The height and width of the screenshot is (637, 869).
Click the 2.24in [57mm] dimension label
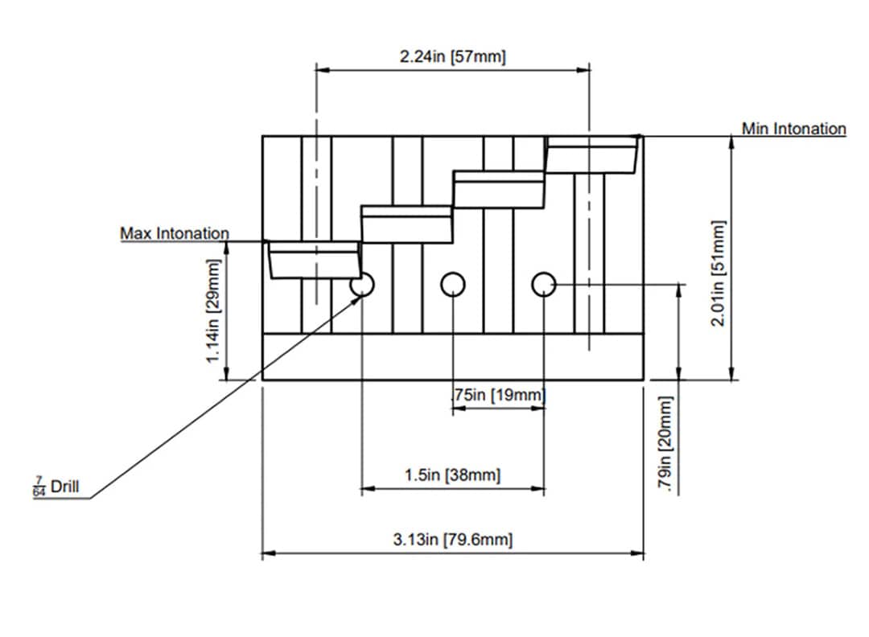(x=453, y=57)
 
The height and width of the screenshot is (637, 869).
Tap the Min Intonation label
(x=793, y=129)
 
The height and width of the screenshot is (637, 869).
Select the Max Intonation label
(x=175, y=233)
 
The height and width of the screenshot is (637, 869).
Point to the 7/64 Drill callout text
(x=56, y=487)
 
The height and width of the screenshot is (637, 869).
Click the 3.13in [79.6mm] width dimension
(x=452, y=539)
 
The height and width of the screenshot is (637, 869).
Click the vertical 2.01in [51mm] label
(x=719, y=273)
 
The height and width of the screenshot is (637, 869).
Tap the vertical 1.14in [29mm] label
(x=214, y=310)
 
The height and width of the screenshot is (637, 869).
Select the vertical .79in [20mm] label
(x=665, y=444)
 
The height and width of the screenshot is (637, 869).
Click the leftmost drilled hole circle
(x=362, y=284)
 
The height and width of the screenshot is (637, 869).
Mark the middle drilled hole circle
(x=453, y=284)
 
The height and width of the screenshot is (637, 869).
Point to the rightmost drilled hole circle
(x=545, y=284)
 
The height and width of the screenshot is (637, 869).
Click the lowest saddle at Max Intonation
(x=313, y=259)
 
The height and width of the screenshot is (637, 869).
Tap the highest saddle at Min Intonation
(x=593, y=154)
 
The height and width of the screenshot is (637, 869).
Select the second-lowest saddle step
(x=406, y=224)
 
